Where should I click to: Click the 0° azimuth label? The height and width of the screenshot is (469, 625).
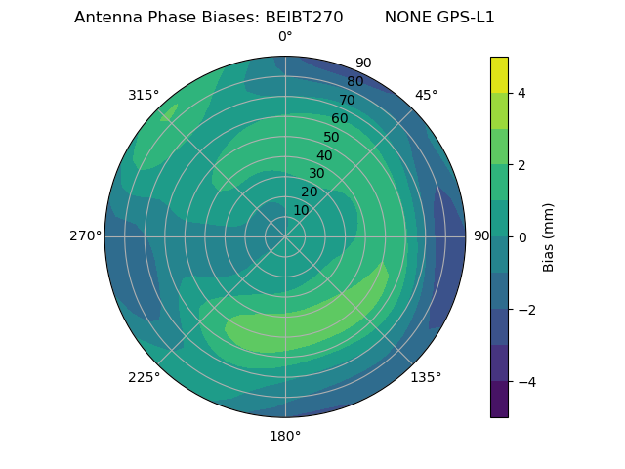coord(285,37)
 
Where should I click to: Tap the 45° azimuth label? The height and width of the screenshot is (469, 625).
coord(426,95)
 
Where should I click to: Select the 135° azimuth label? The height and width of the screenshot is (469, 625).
coord(426,377)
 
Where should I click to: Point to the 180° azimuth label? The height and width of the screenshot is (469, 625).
coord(285,436)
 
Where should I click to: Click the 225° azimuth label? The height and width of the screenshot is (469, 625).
coord(144,377)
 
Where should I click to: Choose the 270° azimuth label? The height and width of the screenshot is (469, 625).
coord(86,236)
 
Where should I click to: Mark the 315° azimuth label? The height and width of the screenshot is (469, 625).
coord(144,95)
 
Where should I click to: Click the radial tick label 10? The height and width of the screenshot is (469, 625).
coord(301,210)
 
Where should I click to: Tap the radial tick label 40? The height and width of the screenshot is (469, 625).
coord(324,155)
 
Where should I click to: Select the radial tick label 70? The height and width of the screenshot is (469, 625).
coord(347,100)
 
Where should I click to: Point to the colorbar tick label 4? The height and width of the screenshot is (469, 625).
coord(521,93)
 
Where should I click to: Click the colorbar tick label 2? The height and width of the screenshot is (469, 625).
coord(521,165)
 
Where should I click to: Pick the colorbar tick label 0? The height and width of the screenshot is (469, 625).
coord(521,237)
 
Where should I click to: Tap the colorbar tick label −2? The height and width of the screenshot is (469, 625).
coord(525,310)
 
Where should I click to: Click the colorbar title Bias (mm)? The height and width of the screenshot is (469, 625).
coord(549,237)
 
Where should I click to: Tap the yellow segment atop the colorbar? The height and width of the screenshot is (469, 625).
coord(499,74)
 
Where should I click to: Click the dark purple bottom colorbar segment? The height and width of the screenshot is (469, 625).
coord(499,400)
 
